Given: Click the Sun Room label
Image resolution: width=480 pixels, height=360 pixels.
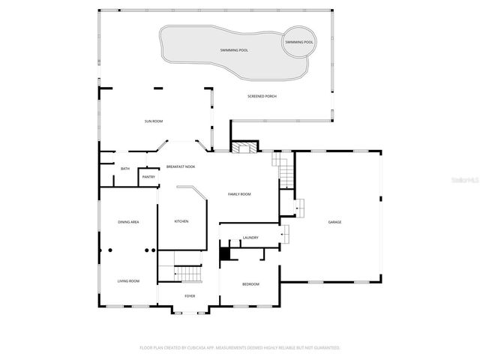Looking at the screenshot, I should point(154,121).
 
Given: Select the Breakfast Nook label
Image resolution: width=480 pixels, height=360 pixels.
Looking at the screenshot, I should point(181,166).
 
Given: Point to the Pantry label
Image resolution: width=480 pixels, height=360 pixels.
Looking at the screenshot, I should point(148,177).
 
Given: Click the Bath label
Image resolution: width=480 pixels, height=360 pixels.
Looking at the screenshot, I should point(125,169).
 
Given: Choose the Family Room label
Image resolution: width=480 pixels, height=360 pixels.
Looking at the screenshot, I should point(239,194).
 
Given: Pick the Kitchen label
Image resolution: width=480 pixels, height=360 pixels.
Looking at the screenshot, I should point(181,221).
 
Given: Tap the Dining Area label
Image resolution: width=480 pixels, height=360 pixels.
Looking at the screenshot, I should point(128,222).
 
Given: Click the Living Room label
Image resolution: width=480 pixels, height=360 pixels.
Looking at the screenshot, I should point(128,281).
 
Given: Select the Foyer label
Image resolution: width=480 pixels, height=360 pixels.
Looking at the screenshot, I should point(190,296).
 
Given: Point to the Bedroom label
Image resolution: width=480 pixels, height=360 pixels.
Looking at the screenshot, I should point(250,284).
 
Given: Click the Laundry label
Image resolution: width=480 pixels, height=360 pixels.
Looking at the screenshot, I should point(250,238).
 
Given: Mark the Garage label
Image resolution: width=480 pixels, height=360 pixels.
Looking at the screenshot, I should point(334,222).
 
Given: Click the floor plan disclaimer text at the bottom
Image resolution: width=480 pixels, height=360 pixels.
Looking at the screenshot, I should point(240,348).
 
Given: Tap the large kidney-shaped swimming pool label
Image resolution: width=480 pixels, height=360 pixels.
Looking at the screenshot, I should point(235,50).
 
